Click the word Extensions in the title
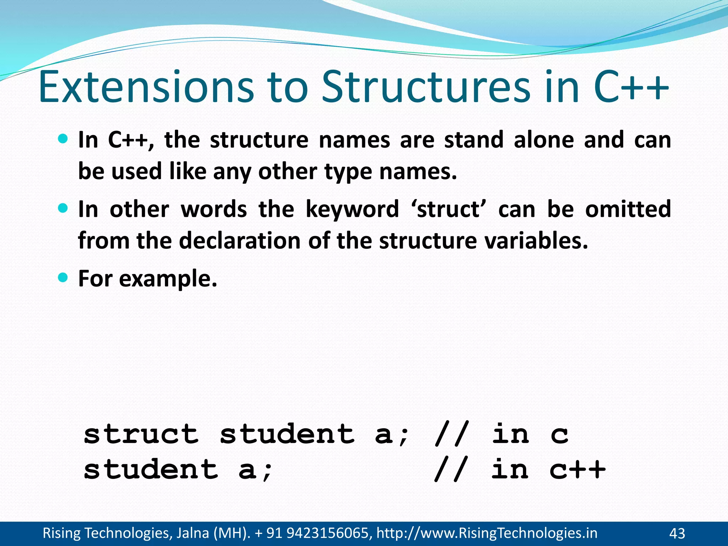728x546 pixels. (x=146, y=87)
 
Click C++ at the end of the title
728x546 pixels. (x=631, y=87)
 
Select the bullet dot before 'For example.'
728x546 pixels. (x=63, y=277)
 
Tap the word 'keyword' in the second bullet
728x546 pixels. (x=352, y=209)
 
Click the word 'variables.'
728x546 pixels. (x=536, y=241)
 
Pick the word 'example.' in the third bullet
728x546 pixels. (x=168, y=279)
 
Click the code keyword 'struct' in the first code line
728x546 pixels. (x=141, y=434)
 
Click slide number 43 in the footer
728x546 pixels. (x=677, y=533)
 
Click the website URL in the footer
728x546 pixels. (x=487, y=533)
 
